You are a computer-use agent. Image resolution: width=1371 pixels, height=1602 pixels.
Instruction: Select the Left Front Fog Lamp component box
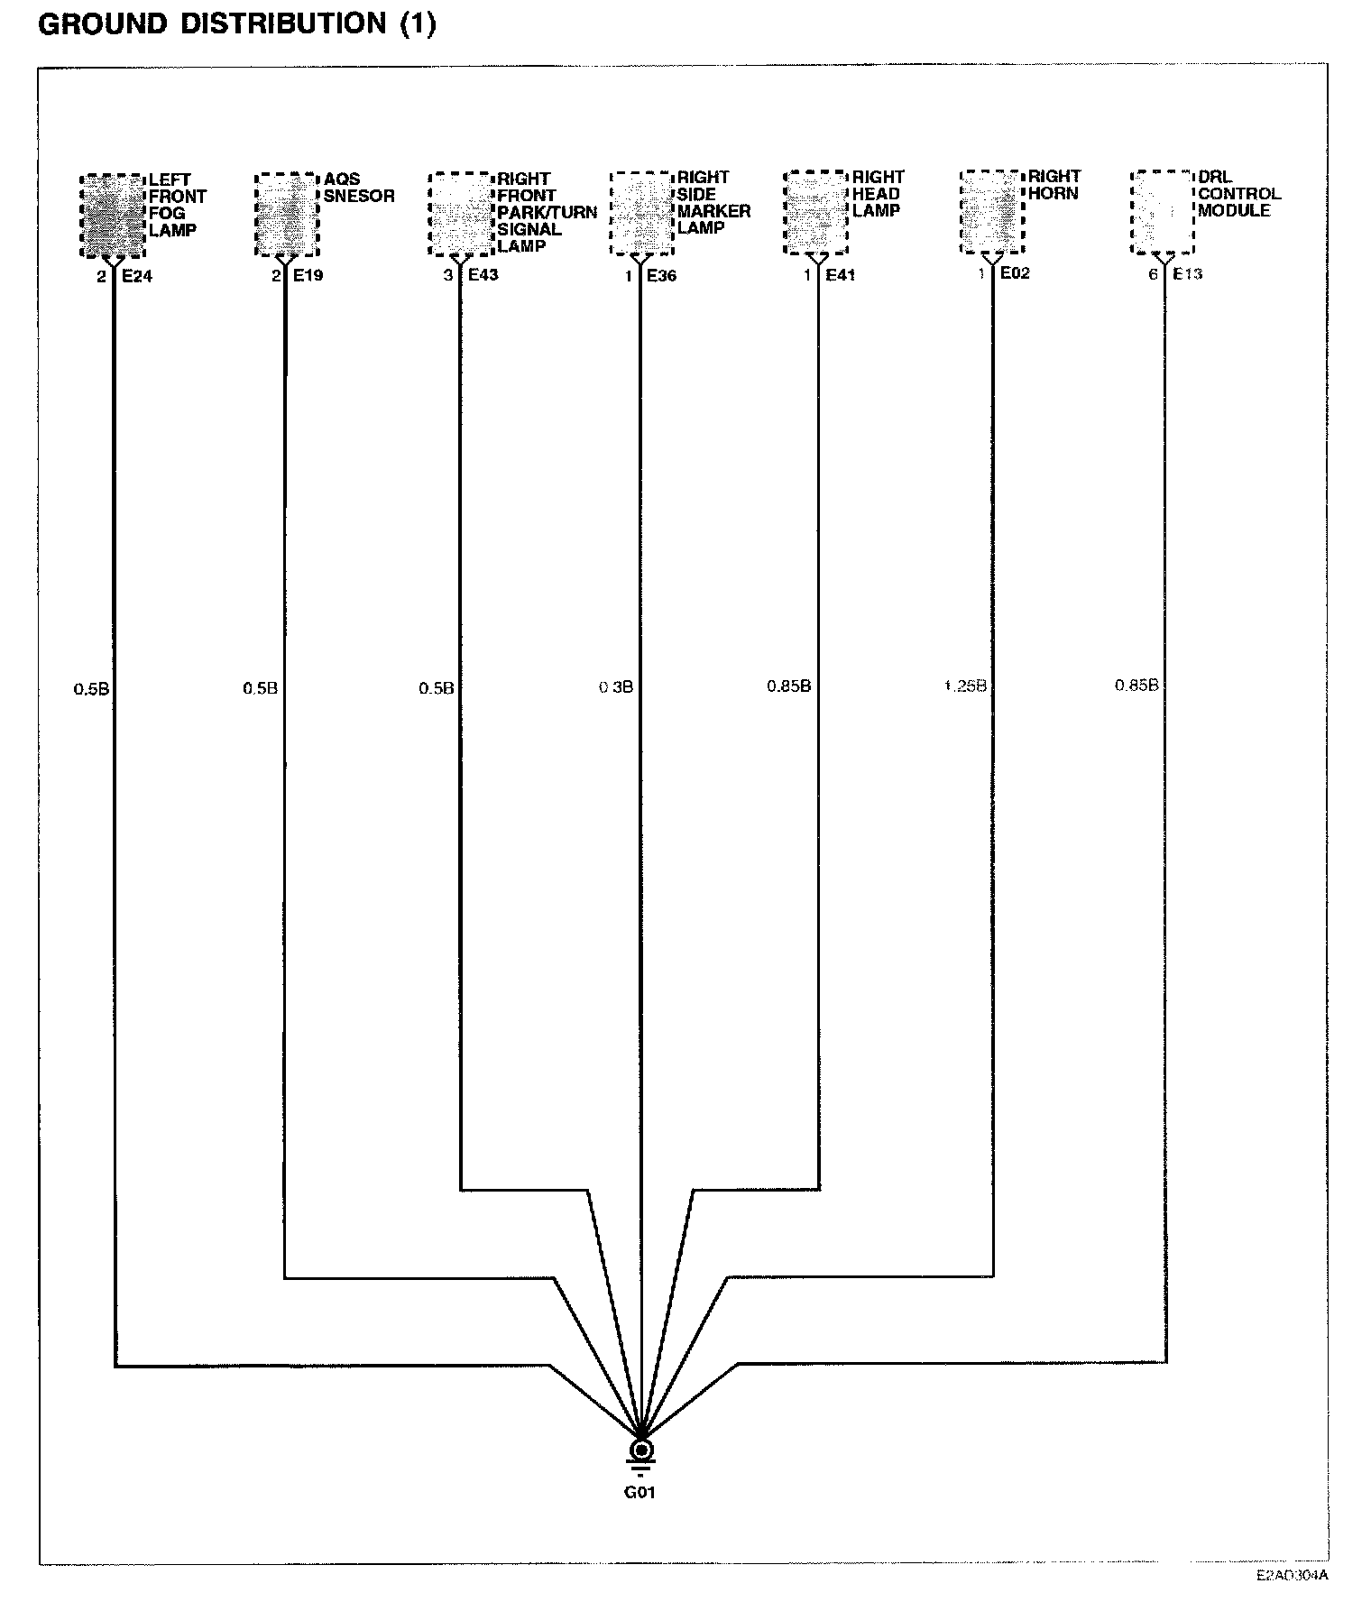click(113, 216)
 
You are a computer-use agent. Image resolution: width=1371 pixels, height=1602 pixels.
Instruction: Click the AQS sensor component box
click(287, 215)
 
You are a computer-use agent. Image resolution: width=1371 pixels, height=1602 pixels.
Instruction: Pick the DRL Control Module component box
click(1163, 212)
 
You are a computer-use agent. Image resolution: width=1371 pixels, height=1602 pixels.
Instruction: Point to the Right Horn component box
click(991, 212)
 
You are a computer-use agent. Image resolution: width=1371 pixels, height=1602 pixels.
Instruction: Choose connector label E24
click(137, 276)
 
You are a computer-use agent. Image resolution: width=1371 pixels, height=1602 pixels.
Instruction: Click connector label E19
click(308, 275)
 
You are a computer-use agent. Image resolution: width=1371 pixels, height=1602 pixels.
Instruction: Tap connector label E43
click(483, 274)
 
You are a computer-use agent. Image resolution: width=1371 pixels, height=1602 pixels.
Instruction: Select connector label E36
click(661, 275)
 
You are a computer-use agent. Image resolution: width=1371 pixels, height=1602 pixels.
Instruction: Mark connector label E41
click(840, 274)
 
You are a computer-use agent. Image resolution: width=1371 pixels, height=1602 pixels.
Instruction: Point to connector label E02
click(1015, 272)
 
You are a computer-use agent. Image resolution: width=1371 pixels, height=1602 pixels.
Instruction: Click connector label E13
click(1187, 273)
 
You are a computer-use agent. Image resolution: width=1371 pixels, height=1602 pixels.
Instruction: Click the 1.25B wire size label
click(964, 686)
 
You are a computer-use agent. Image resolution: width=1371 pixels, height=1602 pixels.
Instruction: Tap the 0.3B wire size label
click(616, 687)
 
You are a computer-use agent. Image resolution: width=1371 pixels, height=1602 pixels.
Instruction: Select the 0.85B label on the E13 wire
click(1136, 685)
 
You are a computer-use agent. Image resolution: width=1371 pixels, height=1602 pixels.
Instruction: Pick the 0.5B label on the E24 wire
click(91, 689)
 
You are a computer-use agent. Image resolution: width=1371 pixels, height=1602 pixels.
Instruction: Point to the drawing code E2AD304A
click(1292, 1576)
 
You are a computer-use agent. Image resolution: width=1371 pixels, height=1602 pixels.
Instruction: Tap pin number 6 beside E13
click(1153, 274)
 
